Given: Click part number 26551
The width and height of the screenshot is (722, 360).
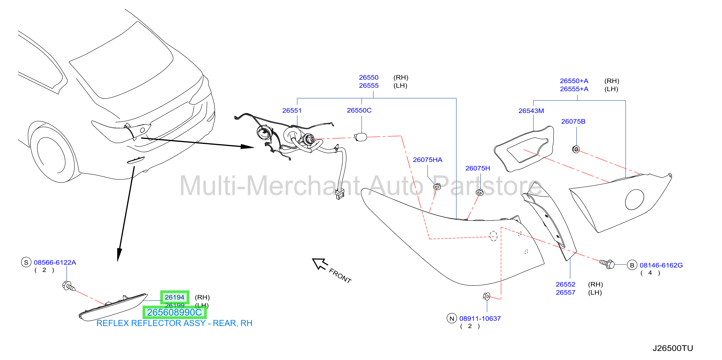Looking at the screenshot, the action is [292, 110].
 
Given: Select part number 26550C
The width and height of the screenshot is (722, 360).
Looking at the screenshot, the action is [359, 110].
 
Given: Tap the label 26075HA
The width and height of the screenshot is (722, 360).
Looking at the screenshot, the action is [427, 160].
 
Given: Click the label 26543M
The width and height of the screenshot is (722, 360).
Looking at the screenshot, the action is [531, 111].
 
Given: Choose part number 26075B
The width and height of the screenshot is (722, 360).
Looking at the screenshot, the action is [573, 121].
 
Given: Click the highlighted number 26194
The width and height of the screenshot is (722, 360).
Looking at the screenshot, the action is [174, 297].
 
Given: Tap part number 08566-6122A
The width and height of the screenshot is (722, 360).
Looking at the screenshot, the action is [55, 262].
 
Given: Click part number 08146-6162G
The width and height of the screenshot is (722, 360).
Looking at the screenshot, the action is [661, 265].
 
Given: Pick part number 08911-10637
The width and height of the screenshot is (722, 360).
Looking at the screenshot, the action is [480, 319].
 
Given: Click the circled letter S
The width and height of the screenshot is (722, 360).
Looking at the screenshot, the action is [26, 262].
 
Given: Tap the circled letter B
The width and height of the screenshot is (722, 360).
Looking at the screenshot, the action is [632, 265].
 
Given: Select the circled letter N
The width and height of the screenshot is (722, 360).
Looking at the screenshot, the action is [451, 319].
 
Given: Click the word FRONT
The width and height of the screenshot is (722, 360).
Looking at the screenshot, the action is [340, 276].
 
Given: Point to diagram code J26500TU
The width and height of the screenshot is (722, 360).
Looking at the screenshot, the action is [673, 348].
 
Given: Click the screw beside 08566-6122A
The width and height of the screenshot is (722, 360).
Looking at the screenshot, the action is [69, 286].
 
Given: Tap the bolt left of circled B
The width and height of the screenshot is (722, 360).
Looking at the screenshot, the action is [607, 263].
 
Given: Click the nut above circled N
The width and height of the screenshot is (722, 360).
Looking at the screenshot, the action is [487, 296].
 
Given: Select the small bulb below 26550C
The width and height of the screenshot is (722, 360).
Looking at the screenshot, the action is [361, 137].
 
